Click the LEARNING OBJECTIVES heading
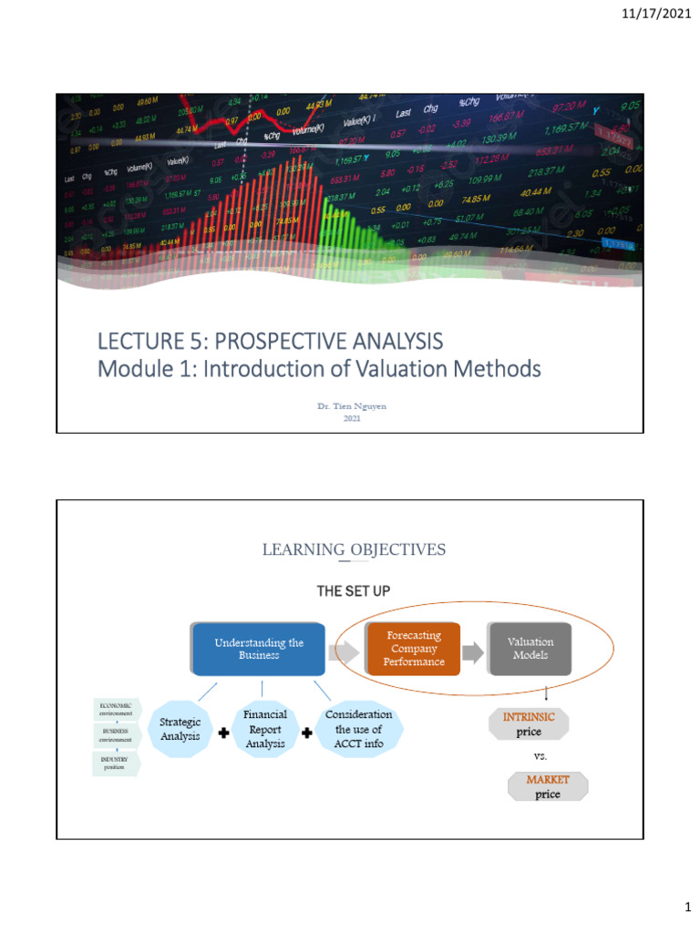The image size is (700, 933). point(354,549)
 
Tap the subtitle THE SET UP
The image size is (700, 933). point(353,591)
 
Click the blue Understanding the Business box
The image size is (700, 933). point(259,649)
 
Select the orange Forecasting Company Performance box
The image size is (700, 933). point(414,649)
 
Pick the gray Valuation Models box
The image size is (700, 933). point(530,649)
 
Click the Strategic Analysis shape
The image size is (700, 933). point(180,729)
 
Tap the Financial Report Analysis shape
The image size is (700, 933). point(265,729)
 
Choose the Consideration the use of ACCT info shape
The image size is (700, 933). point(358,729)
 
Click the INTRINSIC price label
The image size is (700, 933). point(530,724)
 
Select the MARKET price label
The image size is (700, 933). point(548,786)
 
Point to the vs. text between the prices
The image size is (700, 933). point(540,756)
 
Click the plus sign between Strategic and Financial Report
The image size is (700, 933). point(223,735)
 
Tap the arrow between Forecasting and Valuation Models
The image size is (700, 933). point(472,651)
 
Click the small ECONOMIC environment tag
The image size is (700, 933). point(116,709)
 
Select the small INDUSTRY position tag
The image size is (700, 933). point(115,763)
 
